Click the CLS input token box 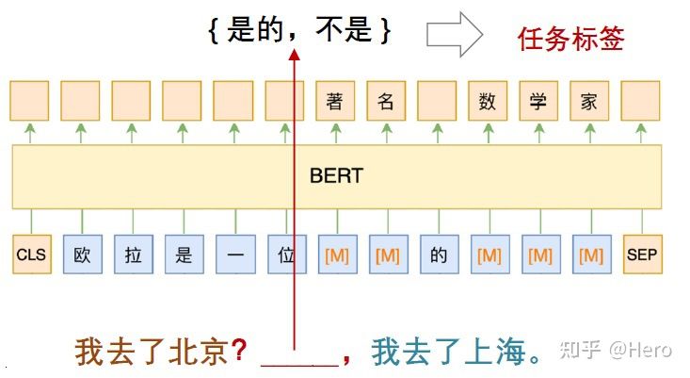(31, 255)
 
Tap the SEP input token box (641, 255)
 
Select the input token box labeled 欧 (82, 255)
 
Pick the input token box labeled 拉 (133, 255)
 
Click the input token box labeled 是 (184, 255)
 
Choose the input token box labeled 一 (234, 255)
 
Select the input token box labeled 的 (438, 255)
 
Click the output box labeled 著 (335, 101)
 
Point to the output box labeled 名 (386, 101)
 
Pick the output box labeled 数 (488, 101)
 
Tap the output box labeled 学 (538, 101)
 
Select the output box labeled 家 (589, 101)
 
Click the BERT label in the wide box (336, 176)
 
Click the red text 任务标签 (570, 39)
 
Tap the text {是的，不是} (298, 31)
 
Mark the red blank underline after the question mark (298, 362)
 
